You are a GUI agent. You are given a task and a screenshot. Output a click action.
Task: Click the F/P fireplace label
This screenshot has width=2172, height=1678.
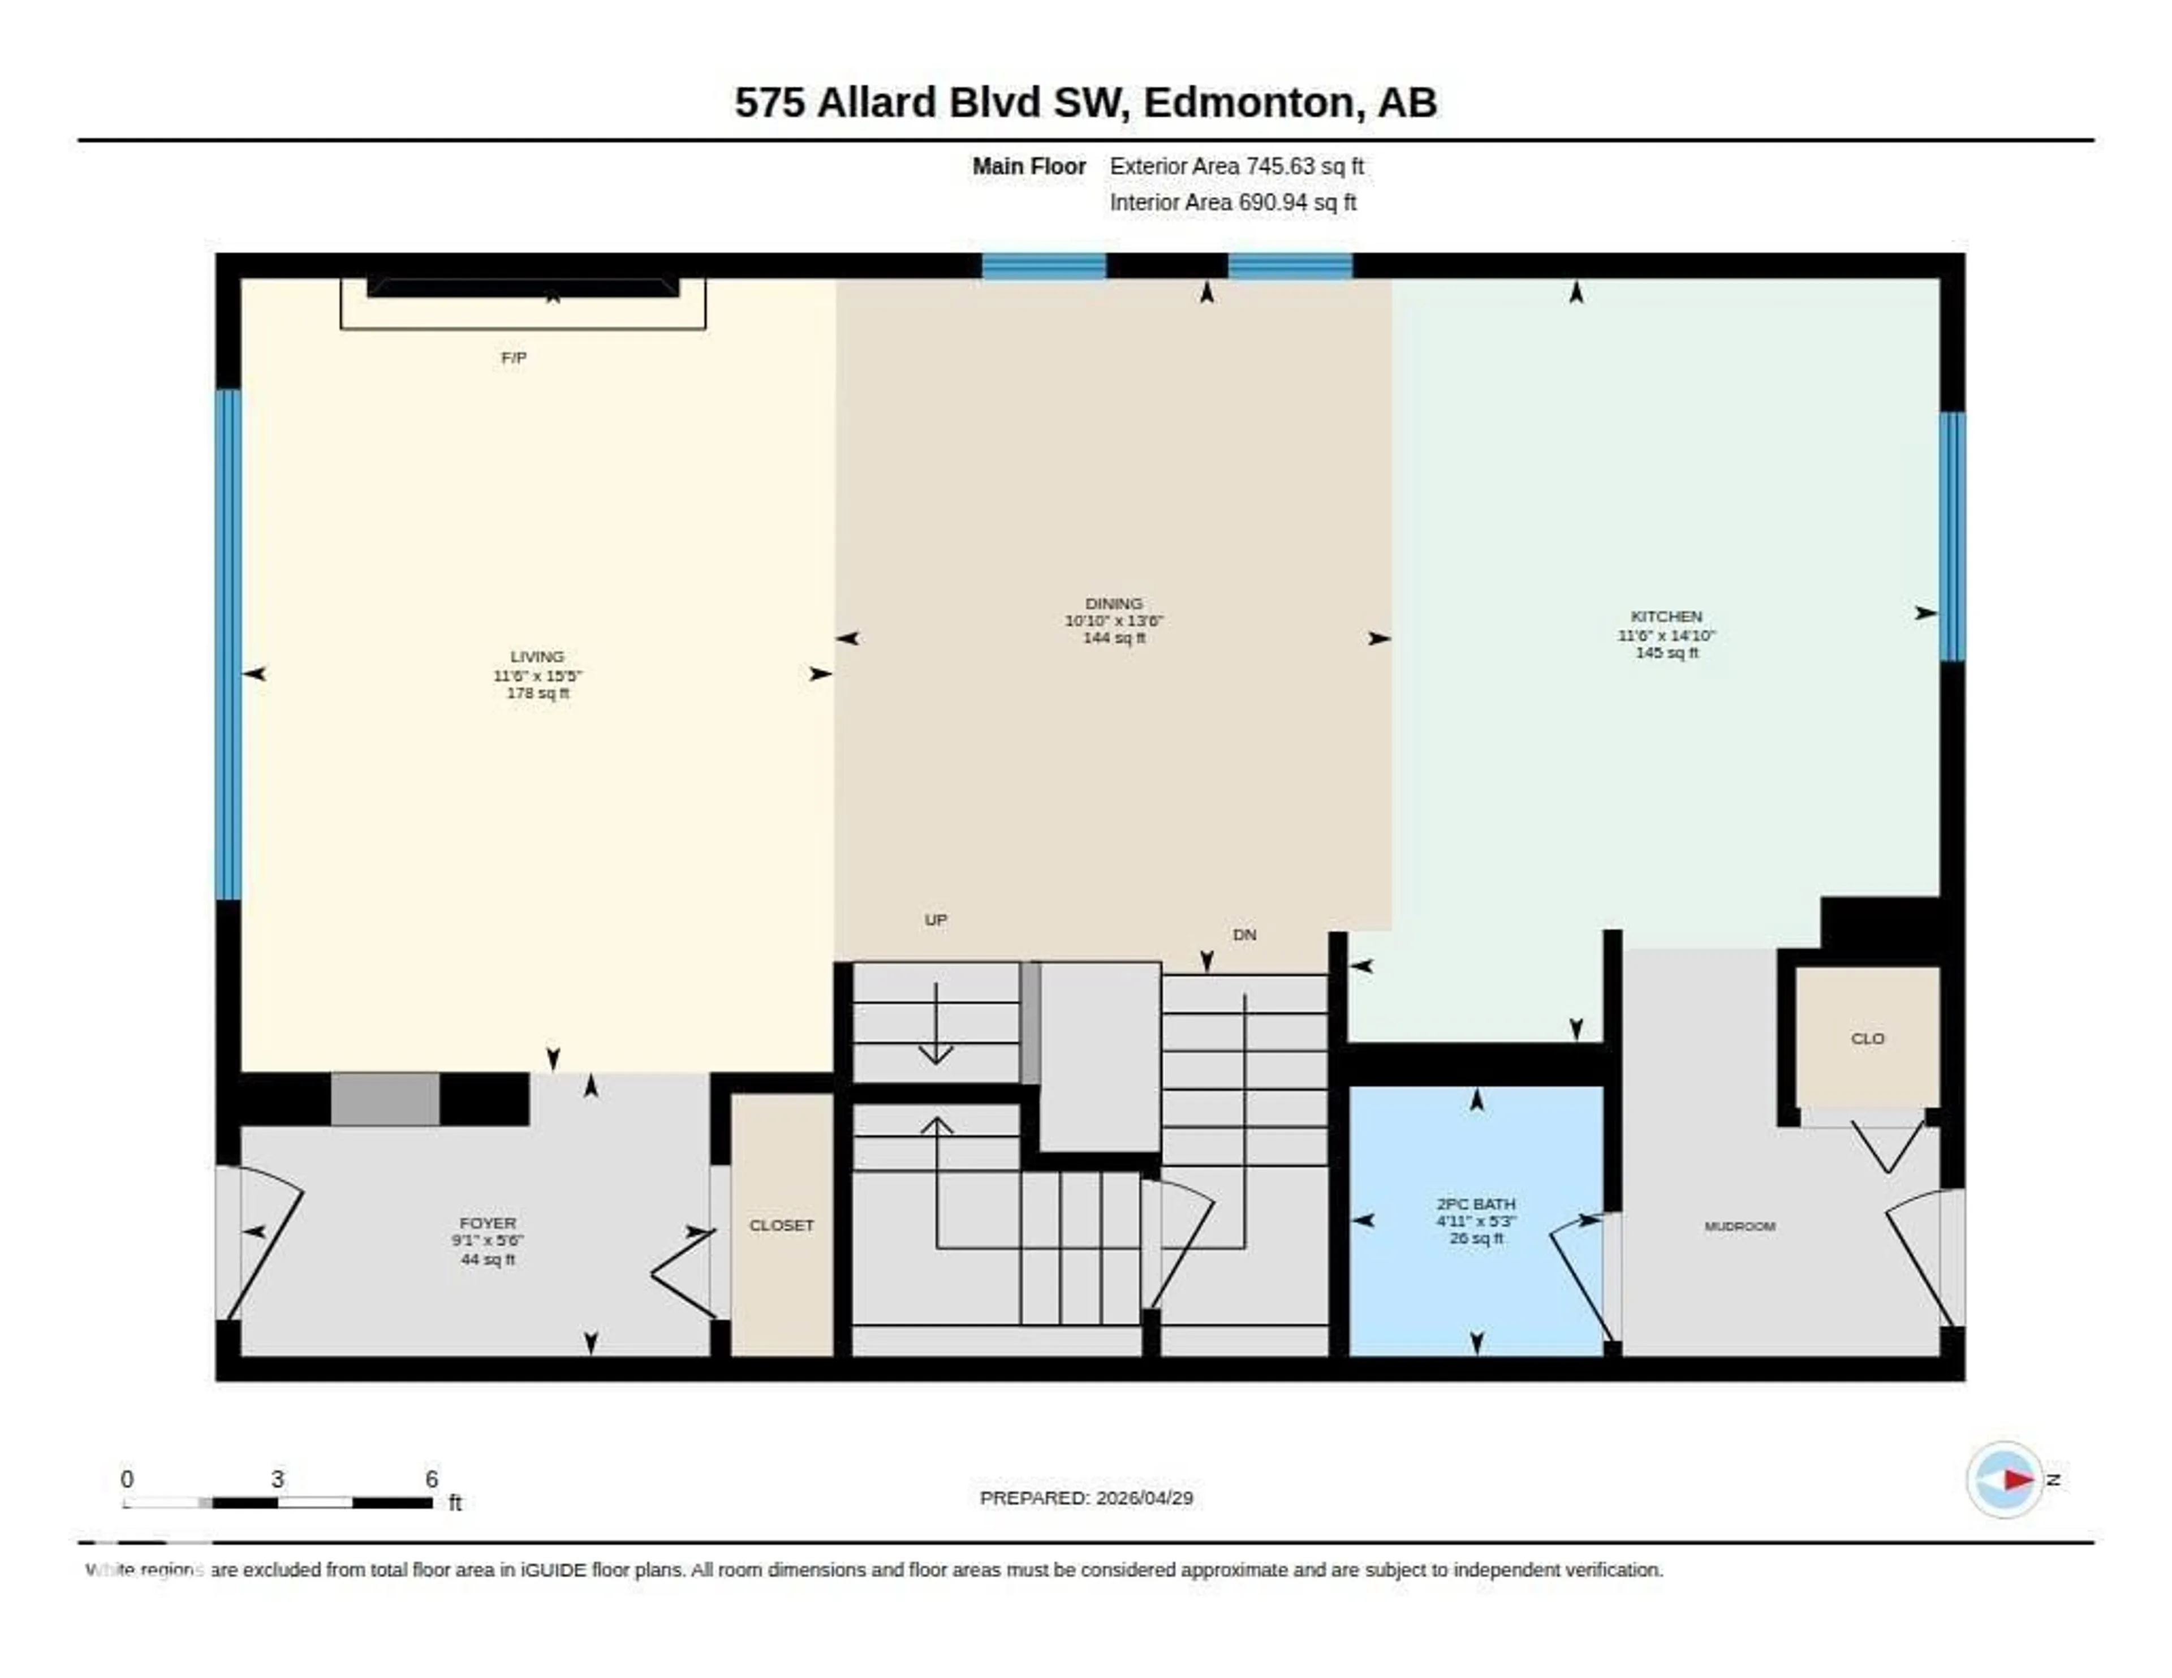coord(513,357)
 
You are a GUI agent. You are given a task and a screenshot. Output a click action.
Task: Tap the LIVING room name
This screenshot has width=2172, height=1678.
coord(537,656)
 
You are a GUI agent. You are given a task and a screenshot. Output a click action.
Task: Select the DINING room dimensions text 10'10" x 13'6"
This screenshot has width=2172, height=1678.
coord(1114,621)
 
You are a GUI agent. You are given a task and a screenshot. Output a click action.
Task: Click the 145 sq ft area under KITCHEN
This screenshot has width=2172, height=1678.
coord(1667,652)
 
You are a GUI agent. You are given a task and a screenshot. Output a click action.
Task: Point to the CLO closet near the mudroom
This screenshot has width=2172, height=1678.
coord(1867,1039)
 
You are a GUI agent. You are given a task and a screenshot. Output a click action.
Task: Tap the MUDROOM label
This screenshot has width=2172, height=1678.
coord(1739,1227)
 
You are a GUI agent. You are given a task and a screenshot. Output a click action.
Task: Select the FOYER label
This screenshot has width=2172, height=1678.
coord(488,1223)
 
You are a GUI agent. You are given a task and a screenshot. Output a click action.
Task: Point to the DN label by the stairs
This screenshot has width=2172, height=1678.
coord(1244,935)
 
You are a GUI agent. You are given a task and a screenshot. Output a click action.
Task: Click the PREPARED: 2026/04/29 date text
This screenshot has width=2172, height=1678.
coord(1086,1498)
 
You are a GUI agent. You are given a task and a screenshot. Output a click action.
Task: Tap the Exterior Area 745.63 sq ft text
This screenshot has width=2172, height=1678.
coord(1236,167)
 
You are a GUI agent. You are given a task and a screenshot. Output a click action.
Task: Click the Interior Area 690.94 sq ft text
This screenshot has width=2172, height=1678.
coord(1232,203)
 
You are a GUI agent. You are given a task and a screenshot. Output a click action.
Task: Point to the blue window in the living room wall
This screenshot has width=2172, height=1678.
coord(229,644)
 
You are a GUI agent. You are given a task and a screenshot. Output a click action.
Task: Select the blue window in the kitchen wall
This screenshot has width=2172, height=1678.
coord(1952,537)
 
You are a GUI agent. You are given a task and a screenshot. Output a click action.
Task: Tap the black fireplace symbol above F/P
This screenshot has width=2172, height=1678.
coord(523,287)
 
